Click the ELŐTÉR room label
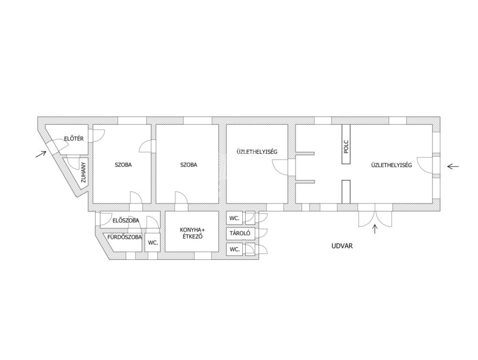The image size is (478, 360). (74, 138)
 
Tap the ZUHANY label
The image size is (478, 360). (83, 172)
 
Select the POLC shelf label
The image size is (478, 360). (346, 147)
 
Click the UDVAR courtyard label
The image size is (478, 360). (342, 246)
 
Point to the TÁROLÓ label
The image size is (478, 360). (240, 233)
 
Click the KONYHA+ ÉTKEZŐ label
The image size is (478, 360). (192, 233)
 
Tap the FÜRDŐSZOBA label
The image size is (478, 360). (124, 237)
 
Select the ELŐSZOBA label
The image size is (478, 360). (125, 220)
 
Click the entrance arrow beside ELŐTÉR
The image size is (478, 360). (41, 154)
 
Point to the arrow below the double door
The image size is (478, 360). (375, 229)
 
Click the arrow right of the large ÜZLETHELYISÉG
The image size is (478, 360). (453, 167)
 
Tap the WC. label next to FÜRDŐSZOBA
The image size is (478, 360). (153, 243)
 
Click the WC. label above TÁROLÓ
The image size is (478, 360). (234, 218)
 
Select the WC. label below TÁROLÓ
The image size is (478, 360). (235, 249)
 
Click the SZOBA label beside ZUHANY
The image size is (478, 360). (123, 165)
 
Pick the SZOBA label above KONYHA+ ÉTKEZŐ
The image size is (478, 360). (189, 165)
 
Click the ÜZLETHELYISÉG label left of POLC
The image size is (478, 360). (257, 151)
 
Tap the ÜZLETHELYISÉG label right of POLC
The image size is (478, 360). (391, 165)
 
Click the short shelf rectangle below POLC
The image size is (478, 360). (346, 192)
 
